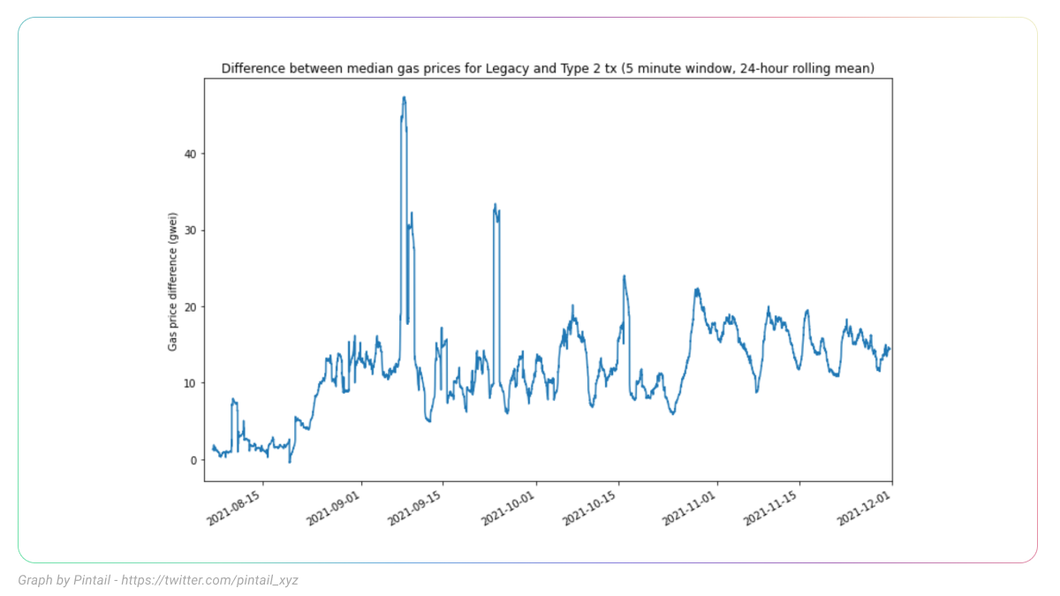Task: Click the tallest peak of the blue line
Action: [404, 98]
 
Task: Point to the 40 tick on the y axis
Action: [203, 154]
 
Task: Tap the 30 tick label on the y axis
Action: [191, 230]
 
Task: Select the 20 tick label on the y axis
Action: [191, 306]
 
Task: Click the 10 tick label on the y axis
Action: [191, 383]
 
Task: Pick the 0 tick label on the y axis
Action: [194, 460]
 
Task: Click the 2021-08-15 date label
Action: [236, 507]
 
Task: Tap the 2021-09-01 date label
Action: [334, 507]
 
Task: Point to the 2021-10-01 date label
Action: [509, 507]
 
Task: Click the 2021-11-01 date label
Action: [690, 507]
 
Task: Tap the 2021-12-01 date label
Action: [865, 507]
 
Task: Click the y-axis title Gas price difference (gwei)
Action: [173, 281]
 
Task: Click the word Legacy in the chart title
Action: [507, 68]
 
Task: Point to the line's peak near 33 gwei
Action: [496, 205]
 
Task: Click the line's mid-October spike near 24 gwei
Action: [624, 276]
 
